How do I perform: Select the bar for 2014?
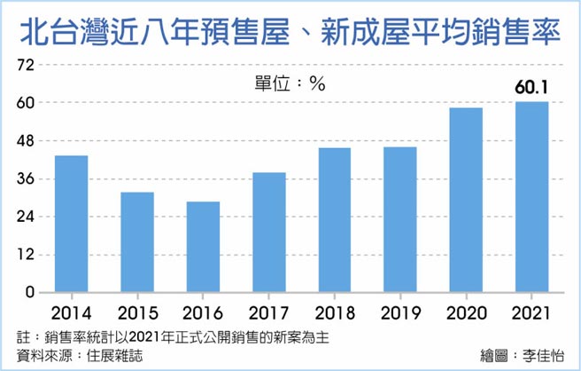[x=70, y=224]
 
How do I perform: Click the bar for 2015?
[x=136, y=242]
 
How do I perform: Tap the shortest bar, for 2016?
[x=203, y=247]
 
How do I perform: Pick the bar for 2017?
[x=268, y=232]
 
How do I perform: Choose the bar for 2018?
[x=335, y=219]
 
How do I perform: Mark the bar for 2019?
[x=400, y=219]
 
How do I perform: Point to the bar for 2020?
[x=466, y=200]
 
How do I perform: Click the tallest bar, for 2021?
[x=531, y=197]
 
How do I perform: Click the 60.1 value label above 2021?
[x=531, y=87]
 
